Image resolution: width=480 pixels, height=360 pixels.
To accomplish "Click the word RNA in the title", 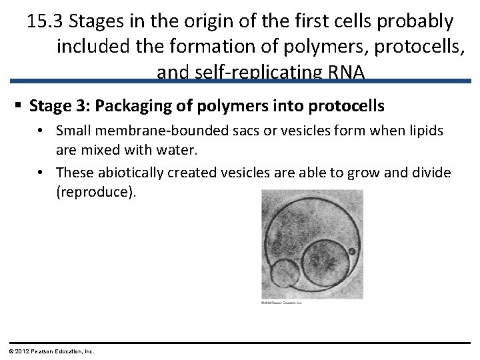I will point(347,72).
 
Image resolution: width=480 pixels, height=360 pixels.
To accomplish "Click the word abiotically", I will point(131,173).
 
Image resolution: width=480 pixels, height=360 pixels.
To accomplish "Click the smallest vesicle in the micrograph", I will point(285,273).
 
